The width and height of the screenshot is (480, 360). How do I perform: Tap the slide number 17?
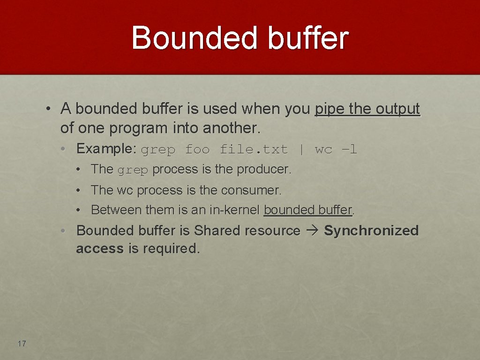[x=22, y=344]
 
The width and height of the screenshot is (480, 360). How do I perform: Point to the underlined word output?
[x=398, y=109]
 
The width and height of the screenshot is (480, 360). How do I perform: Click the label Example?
[x=106, y=149]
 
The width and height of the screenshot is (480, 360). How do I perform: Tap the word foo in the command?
[x=197, y=150]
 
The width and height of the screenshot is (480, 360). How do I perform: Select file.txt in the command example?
[x=254, y=150]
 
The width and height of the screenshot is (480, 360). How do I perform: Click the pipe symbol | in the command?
[x=301, y=150]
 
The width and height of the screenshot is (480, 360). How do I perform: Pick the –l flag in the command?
[x=350, y=150]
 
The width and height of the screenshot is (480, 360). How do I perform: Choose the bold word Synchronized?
[x=371, y=231]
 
